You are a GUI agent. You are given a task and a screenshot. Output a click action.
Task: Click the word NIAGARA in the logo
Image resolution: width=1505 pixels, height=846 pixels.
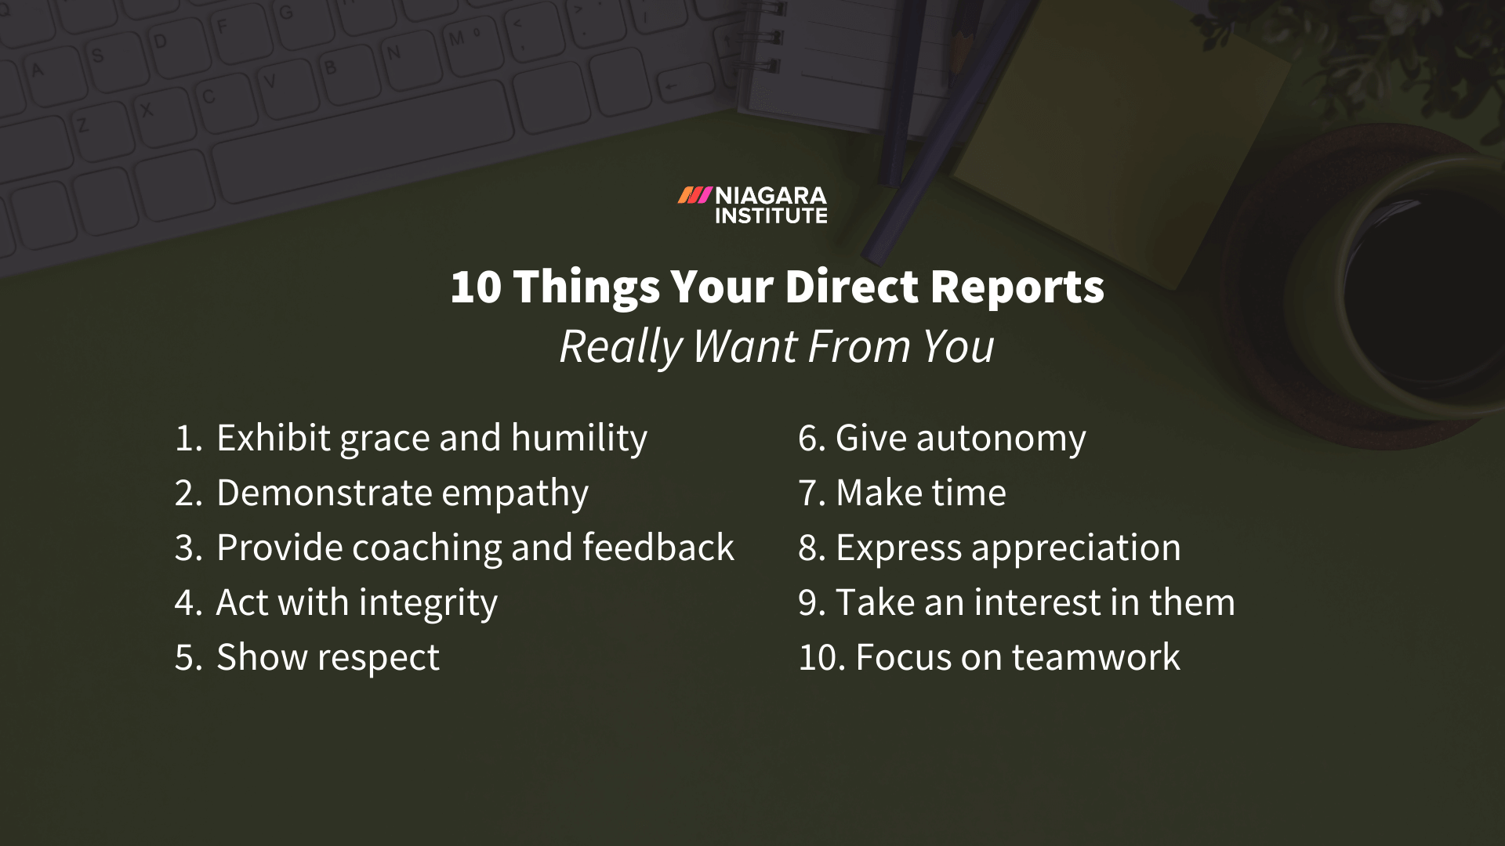point(771,195)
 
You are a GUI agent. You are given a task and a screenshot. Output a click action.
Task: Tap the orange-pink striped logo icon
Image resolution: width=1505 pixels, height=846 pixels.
point(694,195)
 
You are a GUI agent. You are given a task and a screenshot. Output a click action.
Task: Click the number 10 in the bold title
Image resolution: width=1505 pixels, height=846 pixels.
point(476,287)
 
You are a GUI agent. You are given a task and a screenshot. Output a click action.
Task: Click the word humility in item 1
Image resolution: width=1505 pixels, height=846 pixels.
point(579,437)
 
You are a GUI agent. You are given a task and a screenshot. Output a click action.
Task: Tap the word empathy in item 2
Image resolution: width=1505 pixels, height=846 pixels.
point(515,493)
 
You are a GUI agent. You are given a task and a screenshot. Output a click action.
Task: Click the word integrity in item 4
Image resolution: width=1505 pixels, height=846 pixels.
point(428,603)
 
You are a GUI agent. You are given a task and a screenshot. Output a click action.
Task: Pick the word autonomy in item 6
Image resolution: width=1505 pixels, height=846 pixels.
point(1001,439)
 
